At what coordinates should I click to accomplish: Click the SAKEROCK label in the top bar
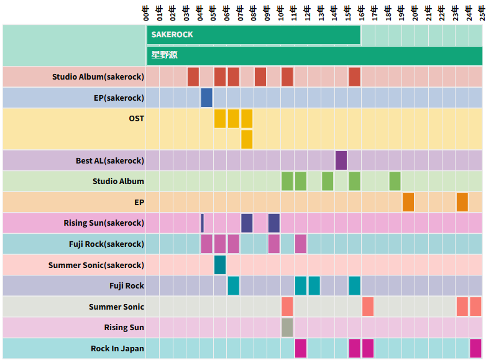172,35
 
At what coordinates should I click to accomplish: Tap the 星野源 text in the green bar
164,55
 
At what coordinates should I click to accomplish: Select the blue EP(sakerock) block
206,98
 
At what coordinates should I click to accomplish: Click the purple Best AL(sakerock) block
341,160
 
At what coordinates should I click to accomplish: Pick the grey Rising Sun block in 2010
287,327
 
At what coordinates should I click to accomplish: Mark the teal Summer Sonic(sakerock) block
220,265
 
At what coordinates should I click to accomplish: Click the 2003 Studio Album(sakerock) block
193,76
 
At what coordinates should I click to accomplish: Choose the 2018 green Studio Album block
395,181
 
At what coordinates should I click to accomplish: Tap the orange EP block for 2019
408,202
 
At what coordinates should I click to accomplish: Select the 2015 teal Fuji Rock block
354,285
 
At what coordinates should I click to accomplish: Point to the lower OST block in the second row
247,139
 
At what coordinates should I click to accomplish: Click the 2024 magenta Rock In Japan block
475,348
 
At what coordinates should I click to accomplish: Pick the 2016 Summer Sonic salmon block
368,307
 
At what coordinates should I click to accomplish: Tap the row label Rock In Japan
117,349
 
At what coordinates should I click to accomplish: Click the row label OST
137,119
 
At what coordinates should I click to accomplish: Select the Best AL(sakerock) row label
110,160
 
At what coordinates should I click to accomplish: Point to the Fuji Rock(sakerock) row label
107,244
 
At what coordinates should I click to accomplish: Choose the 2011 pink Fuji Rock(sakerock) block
301,244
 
